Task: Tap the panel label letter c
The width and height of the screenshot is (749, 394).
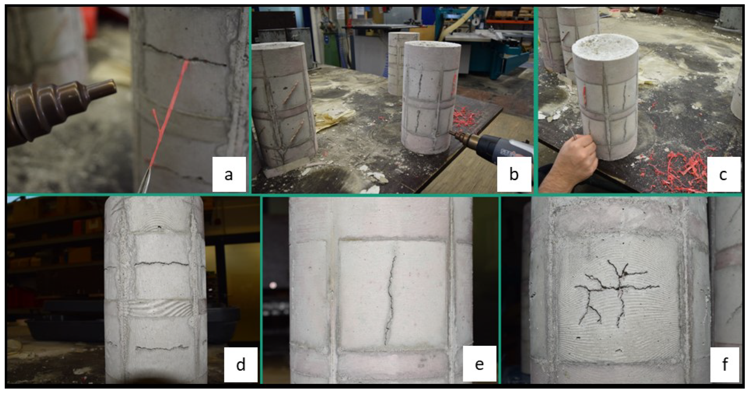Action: coord(723,175)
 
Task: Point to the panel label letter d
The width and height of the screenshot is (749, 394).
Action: coord(241,364)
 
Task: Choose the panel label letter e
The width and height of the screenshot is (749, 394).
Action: coord(479,364)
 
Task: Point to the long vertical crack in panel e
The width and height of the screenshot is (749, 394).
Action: coord(390,299)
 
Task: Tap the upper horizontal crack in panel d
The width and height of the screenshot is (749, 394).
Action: coord(161,264)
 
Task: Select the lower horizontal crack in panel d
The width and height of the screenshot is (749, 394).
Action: coord(162,347)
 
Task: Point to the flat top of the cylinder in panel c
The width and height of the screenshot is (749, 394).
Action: coord(605,47)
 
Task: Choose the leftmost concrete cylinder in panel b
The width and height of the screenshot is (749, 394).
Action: coord(283,105)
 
